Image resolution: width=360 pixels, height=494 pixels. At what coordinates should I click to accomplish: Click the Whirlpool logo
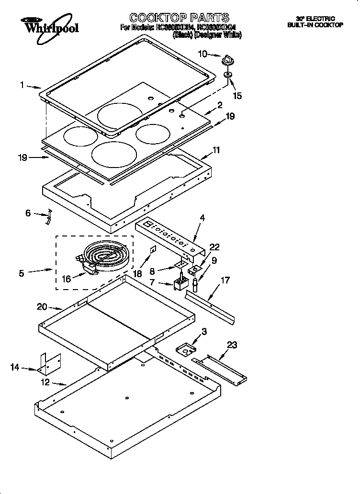[50, 25]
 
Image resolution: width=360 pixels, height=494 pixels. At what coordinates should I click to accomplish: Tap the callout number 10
[202, 54]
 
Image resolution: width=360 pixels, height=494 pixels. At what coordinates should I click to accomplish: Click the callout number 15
[237, 96]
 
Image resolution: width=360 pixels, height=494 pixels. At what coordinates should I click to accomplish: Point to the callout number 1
[22, 86]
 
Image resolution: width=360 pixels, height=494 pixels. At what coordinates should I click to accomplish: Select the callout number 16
[66, 279]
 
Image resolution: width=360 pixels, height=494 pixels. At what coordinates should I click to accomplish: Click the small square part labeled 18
[153, 249]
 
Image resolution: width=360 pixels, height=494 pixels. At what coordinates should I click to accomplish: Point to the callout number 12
[45, 383]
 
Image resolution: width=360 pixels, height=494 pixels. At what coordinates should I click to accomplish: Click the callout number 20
[43, 307]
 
